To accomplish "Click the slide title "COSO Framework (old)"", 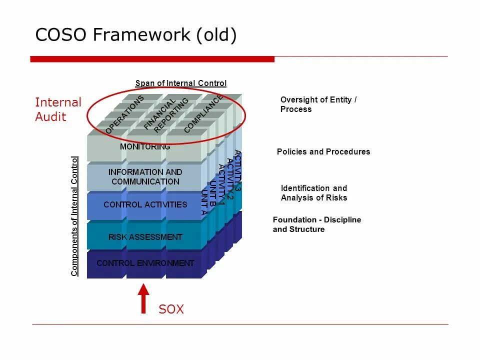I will (136, 35).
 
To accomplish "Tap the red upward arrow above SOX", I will (143, 298).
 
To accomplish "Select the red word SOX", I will (171, 309).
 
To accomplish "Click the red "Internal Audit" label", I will (57, 109).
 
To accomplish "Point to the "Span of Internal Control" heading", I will (180, 83).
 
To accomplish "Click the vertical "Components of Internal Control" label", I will (74, 216).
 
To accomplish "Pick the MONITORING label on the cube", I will (145, 147).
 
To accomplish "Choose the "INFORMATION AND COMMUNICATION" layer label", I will (145, 176).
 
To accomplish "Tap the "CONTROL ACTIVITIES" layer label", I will (145, 204).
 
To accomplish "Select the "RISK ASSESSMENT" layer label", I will (145, 237).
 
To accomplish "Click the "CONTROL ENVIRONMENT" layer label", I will (145, 263).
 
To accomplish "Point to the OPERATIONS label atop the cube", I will (124, 114).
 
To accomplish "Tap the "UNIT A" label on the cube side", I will (203, 202).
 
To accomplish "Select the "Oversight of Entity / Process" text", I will (318, 104).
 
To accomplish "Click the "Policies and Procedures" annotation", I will (323, 151).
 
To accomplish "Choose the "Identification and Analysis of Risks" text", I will (314, 193).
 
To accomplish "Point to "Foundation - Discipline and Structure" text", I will (316, 224).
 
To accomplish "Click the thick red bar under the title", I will (152, 59).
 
